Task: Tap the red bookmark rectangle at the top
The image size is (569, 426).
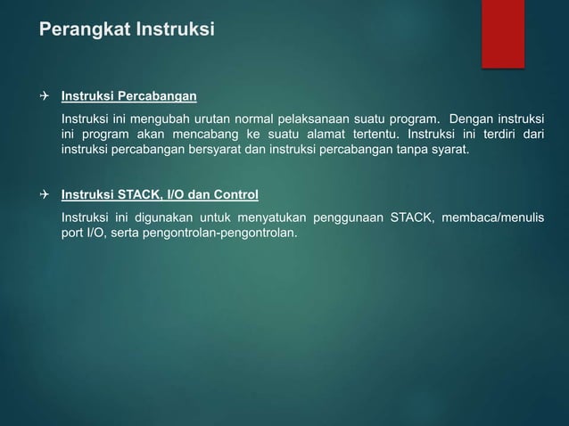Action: click(x=503, y=32)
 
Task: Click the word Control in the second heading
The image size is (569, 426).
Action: click(x=237, y=193)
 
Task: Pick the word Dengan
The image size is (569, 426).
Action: click(x=472, y=119)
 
